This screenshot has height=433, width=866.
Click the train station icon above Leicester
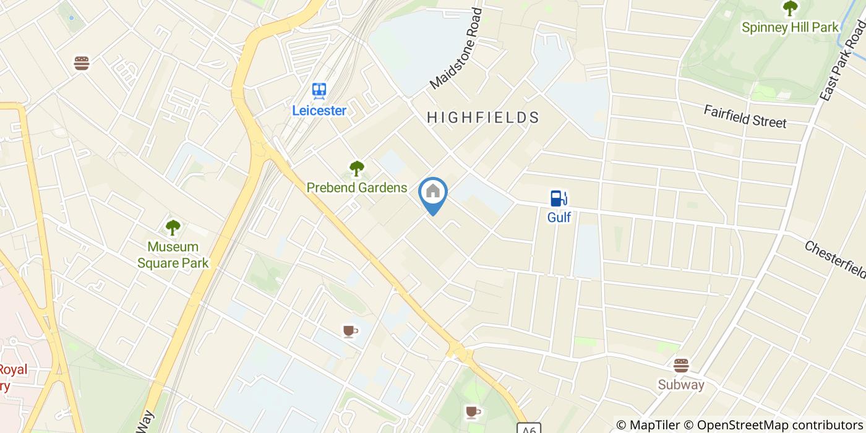tap(319, 92)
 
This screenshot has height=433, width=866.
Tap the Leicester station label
tap(319, 111)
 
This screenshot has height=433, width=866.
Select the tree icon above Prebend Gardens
tap(356, 168)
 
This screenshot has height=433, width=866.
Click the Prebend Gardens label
tap(357, 188)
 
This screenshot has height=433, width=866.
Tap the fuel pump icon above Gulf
tap(559, 199)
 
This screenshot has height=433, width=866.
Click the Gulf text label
tap(559, 218)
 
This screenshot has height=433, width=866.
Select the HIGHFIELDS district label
tap(483, 118)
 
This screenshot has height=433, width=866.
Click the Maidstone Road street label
tap(457, 48)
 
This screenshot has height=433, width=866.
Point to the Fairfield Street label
tap(745, 116)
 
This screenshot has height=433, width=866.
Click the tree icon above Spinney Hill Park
tap(790, 8)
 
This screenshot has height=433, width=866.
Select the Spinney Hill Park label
tap(790, 27)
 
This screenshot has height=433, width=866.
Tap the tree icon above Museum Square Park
tap(173, 227)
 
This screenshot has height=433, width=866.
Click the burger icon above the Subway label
tap(681, 365)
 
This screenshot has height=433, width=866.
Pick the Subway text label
tap(681, 385)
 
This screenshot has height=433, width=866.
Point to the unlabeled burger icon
tap(82, 63)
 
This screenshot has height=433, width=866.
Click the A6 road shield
tap(529, 428)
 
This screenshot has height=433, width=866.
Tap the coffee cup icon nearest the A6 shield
tap(473, 411)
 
